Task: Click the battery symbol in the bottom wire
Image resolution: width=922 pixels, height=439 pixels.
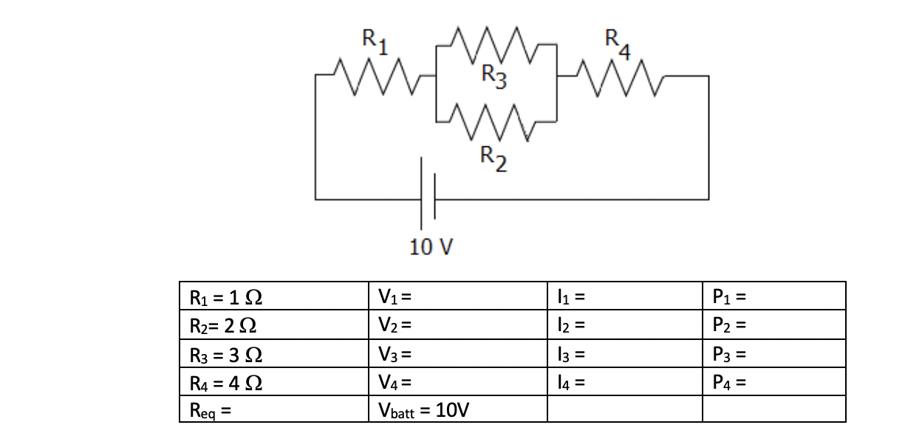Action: (428, 198)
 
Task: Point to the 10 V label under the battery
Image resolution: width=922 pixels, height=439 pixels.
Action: (431, 247)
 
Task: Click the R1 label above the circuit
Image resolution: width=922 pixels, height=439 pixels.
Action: (377, 39)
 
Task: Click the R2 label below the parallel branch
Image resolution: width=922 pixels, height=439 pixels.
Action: (494, 157)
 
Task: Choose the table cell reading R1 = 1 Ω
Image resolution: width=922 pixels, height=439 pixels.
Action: (273, 296)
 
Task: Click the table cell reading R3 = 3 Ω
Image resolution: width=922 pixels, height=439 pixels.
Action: (273, 353)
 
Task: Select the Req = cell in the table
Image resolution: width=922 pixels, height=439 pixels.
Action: (273, 409)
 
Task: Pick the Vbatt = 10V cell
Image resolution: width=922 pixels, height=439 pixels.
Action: (457, 409)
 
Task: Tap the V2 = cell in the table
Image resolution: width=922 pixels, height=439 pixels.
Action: (457, 324)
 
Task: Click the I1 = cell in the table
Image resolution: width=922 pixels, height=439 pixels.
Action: (624, 296)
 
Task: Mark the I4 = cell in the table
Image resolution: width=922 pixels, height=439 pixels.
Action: (624, 381)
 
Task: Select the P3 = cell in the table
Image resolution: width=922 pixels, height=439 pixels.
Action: (774, 353)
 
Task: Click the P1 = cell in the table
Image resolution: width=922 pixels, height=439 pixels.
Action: (774, 296)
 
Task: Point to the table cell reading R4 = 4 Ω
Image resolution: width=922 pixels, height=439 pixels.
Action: (273, 381)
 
